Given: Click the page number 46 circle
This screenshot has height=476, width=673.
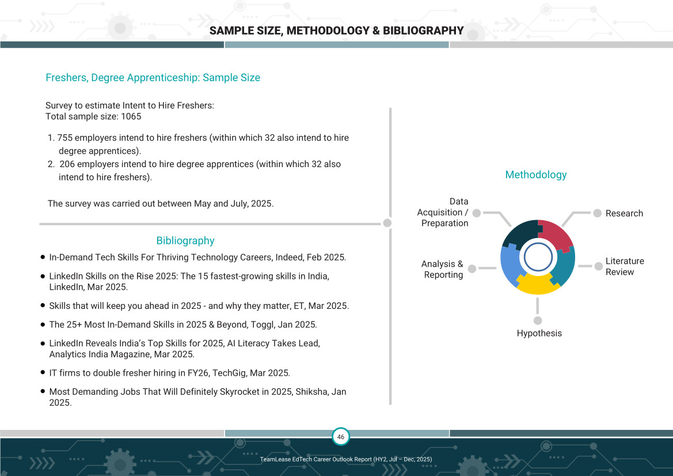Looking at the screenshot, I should (x=341, y=437).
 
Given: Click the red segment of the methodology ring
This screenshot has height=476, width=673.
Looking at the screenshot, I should (x=555, y=235).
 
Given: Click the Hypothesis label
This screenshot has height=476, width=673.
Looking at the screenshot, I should (x=539, y=333).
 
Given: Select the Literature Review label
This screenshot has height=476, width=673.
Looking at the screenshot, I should (x=624, y=266).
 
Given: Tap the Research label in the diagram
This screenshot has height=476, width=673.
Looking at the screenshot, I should (x=624, y=213).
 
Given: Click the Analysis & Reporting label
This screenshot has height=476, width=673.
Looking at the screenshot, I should (x=443, y=269).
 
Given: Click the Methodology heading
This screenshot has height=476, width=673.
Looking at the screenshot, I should (x=535, y=175).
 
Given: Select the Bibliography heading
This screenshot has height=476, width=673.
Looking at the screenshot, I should (x=185, y=241).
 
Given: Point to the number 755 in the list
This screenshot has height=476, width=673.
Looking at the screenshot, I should (x=64, y=138).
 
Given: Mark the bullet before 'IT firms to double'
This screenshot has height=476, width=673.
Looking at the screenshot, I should (x=43, y=372).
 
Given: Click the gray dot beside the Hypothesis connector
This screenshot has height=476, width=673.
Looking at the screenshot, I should (x=538, y=320).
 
